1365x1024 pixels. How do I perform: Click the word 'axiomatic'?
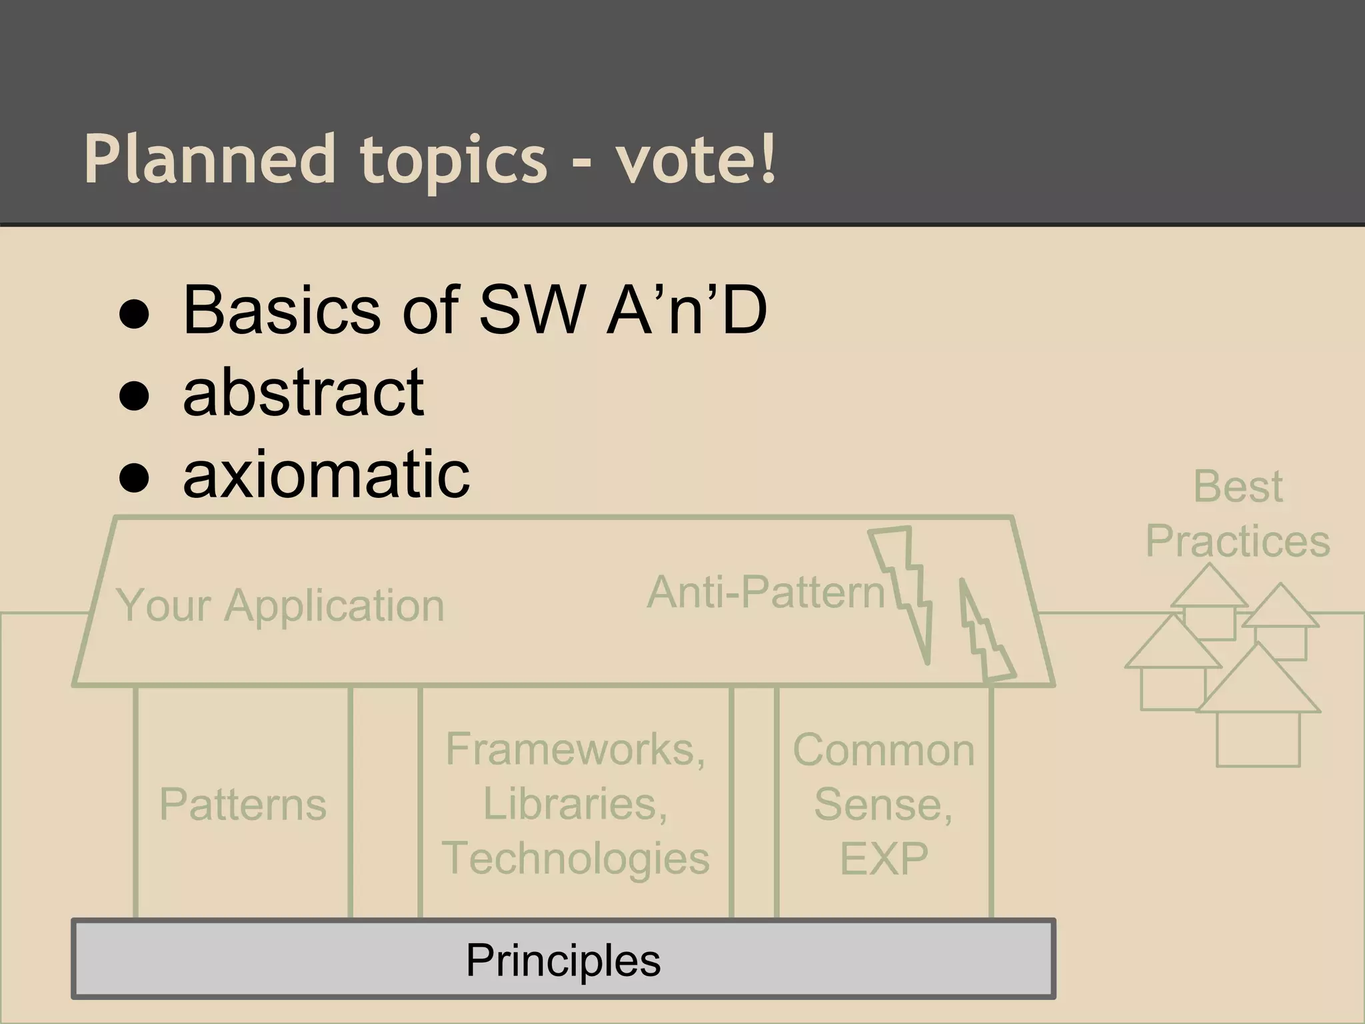[327, 474]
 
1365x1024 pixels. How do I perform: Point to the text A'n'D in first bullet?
[686, 310]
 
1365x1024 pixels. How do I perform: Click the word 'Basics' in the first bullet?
[282, 310]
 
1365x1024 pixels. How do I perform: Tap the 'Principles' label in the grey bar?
[563, 960]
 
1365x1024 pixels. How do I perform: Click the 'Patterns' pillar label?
[243, 804]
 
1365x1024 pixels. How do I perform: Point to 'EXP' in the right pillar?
[884, 859]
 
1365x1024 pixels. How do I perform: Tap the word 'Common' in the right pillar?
[884, 750]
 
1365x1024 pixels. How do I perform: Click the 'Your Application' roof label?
[280, 605]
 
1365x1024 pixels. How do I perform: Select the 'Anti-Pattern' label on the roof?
[766, 591]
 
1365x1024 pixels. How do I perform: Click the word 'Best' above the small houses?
[1238, 486]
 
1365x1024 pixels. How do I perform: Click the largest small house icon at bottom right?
[1258, 720]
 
